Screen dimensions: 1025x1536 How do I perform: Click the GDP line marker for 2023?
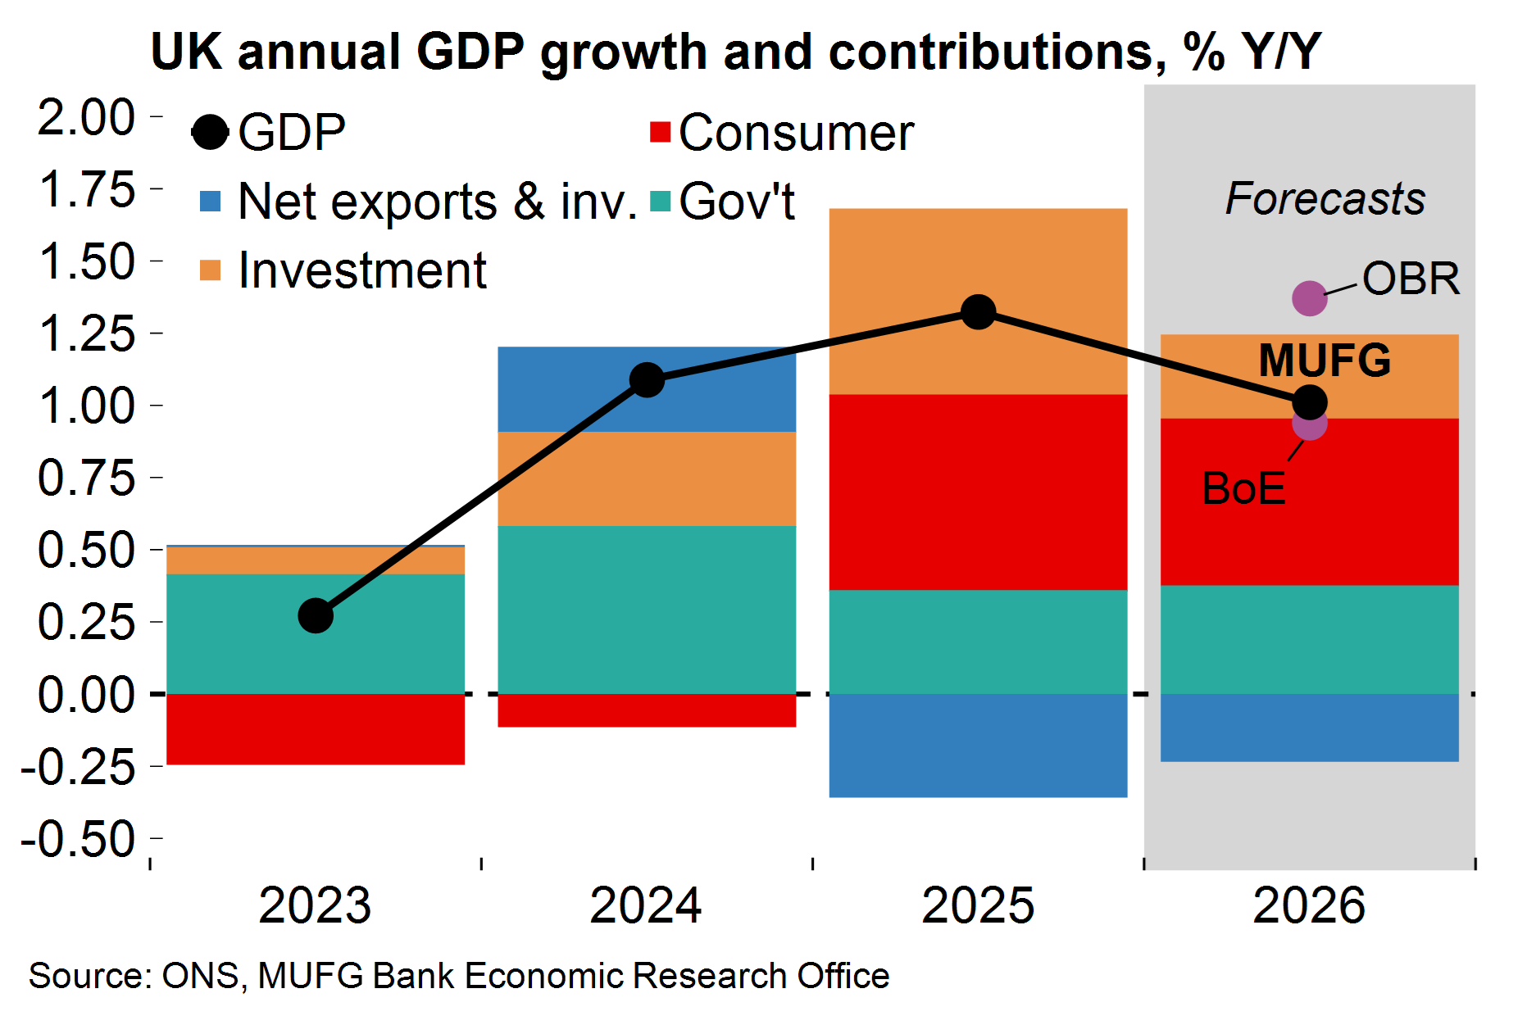click(316, 615)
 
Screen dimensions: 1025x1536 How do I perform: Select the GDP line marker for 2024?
click(647, 379)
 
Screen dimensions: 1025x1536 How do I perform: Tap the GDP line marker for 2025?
click(978, 311)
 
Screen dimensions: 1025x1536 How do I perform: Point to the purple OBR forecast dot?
click(1309, 298)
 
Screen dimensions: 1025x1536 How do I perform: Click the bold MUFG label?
click(1325, 361)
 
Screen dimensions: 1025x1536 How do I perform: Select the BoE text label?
click(1243, 489)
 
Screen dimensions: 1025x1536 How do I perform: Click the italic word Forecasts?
click(1325, 199)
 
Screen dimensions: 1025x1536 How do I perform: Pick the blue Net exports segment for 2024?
click(647, 389)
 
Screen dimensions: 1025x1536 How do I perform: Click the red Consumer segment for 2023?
click(316, 729)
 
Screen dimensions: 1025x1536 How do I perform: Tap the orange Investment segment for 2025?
click(978, 302)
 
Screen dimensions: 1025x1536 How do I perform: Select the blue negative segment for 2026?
click(1309, 728)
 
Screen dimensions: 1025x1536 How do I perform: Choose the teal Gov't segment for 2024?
click(647, 610)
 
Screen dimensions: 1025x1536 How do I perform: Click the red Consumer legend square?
click(660, 132)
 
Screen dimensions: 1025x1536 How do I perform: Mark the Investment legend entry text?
click(361, 270)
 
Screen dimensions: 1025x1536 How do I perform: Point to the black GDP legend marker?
click(210, 132)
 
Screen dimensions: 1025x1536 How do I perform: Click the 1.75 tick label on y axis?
click(86, 190)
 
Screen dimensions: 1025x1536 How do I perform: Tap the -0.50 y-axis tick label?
click(78, 839)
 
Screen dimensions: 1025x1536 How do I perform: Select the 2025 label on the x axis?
click(978, 906)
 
